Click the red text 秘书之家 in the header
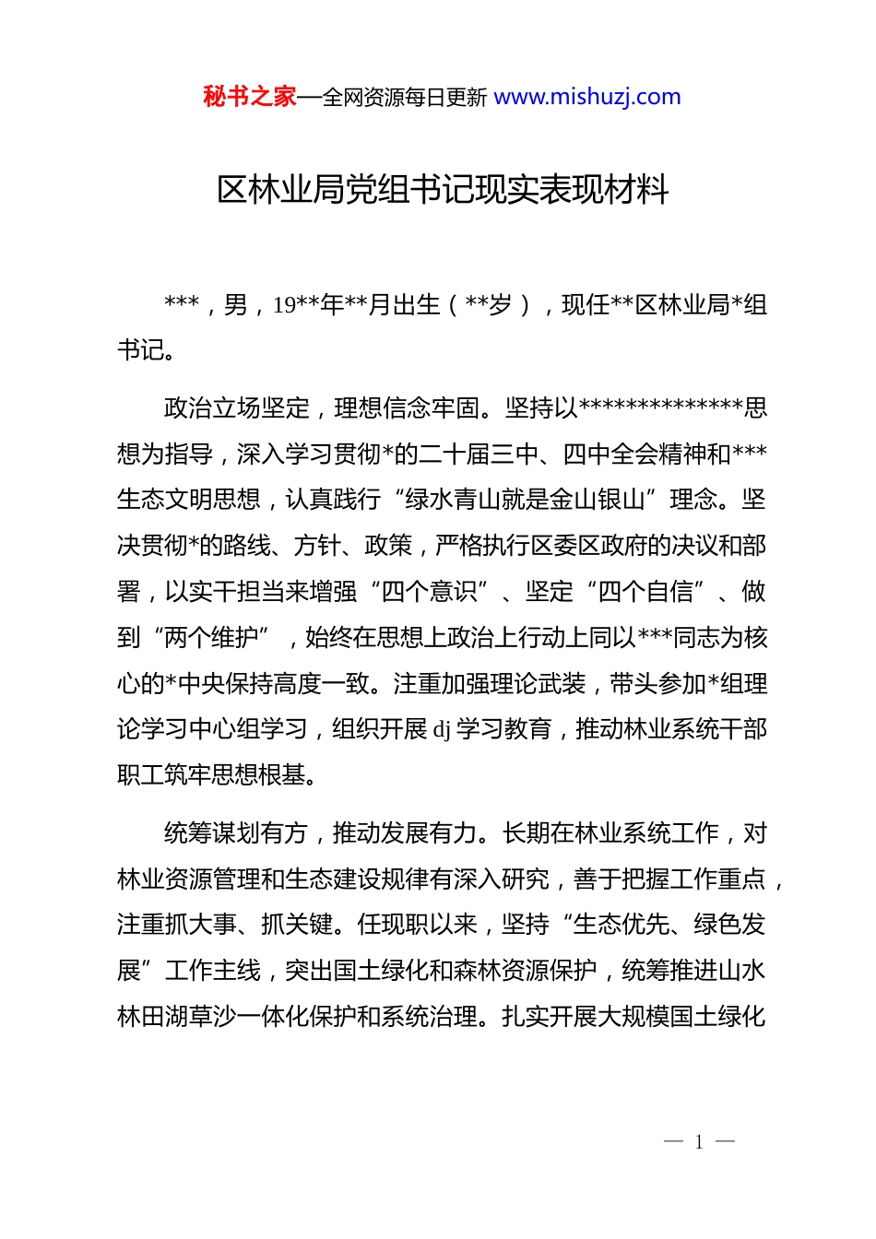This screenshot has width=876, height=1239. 249,97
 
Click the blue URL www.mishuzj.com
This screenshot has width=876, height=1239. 587,97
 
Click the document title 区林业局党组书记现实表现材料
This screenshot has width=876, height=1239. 443,190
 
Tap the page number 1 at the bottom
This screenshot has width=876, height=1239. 699,1142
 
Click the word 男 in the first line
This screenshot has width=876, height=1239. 236,305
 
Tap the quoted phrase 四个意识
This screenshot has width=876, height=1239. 430,592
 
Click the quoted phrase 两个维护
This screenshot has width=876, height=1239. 211,638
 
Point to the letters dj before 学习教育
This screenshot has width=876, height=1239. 442,730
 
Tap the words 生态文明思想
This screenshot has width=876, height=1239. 188,500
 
